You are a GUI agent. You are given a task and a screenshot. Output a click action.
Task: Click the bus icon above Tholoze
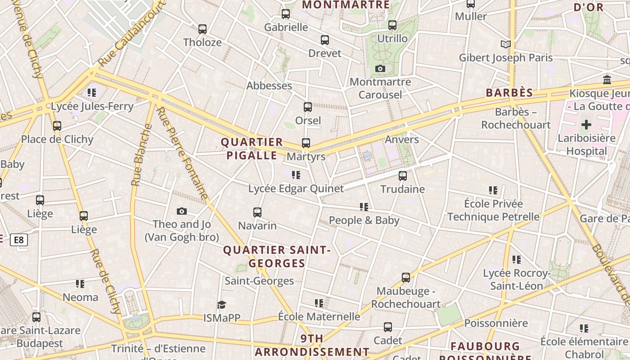click(x=202, y=29)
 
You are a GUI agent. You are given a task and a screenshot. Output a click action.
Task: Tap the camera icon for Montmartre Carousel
click(x=380, y=69)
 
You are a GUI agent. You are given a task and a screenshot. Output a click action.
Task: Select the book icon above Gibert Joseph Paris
click(x=506, y=44)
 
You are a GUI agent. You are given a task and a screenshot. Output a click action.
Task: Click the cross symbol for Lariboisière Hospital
click(x=586, y=125)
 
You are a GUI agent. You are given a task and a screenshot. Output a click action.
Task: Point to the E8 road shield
click(x=18, y=240)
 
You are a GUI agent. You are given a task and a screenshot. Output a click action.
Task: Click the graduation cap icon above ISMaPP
click(x=221, y=305)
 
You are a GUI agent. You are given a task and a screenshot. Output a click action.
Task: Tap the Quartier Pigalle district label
click(x=252, y=149)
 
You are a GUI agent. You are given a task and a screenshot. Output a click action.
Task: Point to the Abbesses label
click(x=269, y=85)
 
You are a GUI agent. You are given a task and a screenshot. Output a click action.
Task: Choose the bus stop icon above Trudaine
click(x=403, y=176)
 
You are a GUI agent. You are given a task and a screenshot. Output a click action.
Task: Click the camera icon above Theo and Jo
click(x=182, y=211)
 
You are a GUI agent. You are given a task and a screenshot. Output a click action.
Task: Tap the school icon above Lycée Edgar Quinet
click(x=296, y=175)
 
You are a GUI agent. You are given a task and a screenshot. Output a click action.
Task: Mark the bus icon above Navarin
click(x=257, y=212)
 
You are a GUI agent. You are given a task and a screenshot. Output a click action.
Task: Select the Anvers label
click(x=402, y=139)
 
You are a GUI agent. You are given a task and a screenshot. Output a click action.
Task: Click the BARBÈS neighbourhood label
click(x=509, y=93)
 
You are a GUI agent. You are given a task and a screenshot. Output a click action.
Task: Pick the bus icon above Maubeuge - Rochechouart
click(x=406, y=278)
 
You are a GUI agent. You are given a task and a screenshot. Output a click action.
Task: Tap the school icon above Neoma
click(x=80, y=284)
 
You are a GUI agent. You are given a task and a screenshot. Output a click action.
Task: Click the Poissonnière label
click(x=496, y=323)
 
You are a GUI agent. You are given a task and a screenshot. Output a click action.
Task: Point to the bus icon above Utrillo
click(x=392, y=25)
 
